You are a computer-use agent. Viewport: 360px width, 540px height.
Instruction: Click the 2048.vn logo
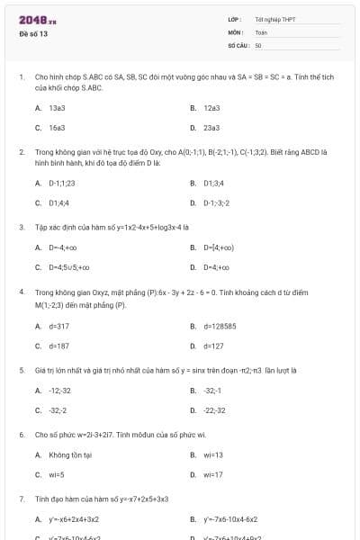tap(32, 20)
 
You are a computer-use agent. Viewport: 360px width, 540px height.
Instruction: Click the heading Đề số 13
tap(33, 34)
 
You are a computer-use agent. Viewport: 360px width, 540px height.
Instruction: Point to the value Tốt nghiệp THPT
tap(274, 19)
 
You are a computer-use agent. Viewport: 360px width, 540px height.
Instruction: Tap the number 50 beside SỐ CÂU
tap(258, 44)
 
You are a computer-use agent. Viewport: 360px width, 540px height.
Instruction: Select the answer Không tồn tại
tap(67, 454)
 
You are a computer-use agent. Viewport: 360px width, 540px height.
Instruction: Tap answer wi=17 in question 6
tap(213, 474)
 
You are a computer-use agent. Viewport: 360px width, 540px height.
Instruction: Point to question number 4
tap(21, 292)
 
